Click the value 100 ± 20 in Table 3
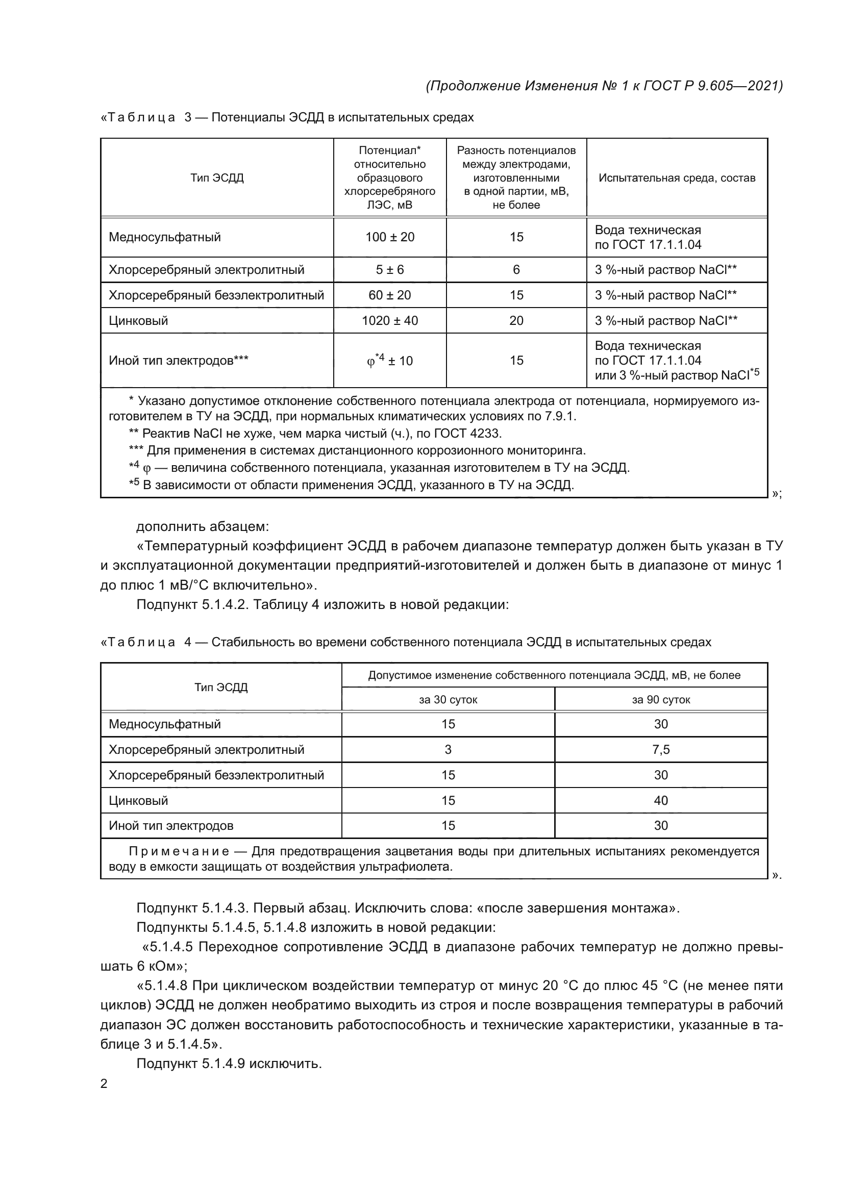click(390, 238)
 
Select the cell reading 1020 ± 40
click(390, 321)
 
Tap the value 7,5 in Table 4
click(660, 750)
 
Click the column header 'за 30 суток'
click(448, 700)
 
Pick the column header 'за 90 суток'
click(660, 700)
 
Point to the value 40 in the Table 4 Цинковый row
click(660, 801)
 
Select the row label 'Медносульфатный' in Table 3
click(165, 238)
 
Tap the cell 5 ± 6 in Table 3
click(390, 270)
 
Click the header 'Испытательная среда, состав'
click(677, 178)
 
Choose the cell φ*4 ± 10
click(390, 360)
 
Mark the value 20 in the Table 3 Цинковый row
click(516, 321)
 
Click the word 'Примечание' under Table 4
click(179, 852)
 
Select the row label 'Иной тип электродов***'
click(178, 361)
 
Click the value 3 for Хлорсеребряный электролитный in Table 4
click(448, 750)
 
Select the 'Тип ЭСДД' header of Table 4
click(221, 688)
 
